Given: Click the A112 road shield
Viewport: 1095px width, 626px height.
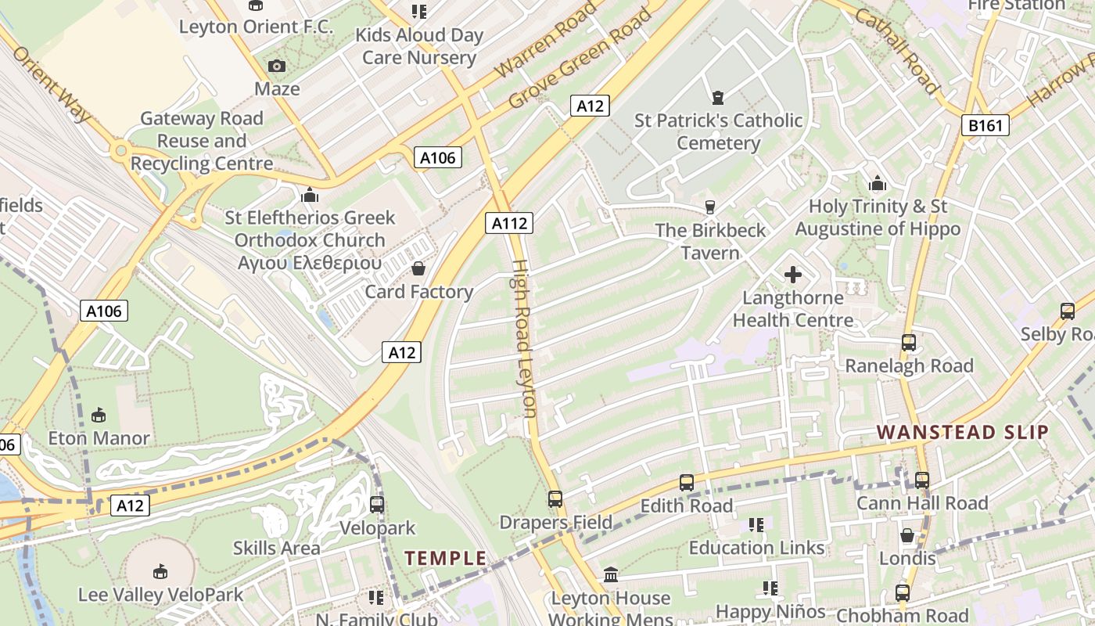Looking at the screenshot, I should click(x=509, y=223).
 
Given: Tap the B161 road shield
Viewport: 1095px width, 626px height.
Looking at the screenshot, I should click(x=985, y=125).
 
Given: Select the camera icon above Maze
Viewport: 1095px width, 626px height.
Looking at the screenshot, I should click(x=277, y=67).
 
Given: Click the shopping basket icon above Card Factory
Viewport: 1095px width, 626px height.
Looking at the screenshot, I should click(x=418, y=269).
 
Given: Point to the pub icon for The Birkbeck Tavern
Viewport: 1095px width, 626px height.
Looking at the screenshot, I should click(x=710, y=207).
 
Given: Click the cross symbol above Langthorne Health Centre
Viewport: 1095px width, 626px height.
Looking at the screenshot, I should click(x=793, y=275).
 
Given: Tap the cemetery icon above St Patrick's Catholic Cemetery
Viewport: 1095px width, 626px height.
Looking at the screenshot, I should click(x=717, y=98).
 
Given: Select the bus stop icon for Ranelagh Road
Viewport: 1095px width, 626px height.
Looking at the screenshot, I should click(x=908, y=343).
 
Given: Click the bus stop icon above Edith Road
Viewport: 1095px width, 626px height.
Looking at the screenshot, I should click(x=686, y=483).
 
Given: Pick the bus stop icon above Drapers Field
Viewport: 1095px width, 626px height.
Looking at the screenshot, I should click(x=555, y=498).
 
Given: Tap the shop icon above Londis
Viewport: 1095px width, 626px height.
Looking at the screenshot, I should click(x=907, y=535).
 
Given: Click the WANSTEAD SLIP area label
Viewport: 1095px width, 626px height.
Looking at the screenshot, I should click(x=962, y=432).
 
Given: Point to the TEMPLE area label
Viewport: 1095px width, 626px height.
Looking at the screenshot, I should click(x=445, y=558).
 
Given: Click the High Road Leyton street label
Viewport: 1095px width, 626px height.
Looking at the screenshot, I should click(x=523, y=338).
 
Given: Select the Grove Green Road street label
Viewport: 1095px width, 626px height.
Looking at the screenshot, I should click(x=580, y=59).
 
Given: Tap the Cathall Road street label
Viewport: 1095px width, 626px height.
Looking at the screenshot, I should click(x=896, y=52).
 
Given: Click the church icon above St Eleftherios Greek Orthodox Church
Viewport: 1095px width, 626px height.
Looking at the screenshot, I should click(x=311, y=195).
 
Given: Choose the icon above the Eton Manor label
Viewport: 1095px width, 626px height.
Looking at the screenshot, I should click(x=99, y=415).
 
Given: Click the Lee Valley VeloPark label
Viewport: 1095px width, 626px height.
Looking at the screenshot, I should click(x=160, y=595).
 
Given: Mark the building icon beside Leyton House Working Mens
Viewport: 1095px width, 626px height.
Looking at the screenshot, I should click(x=611, y=576).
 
